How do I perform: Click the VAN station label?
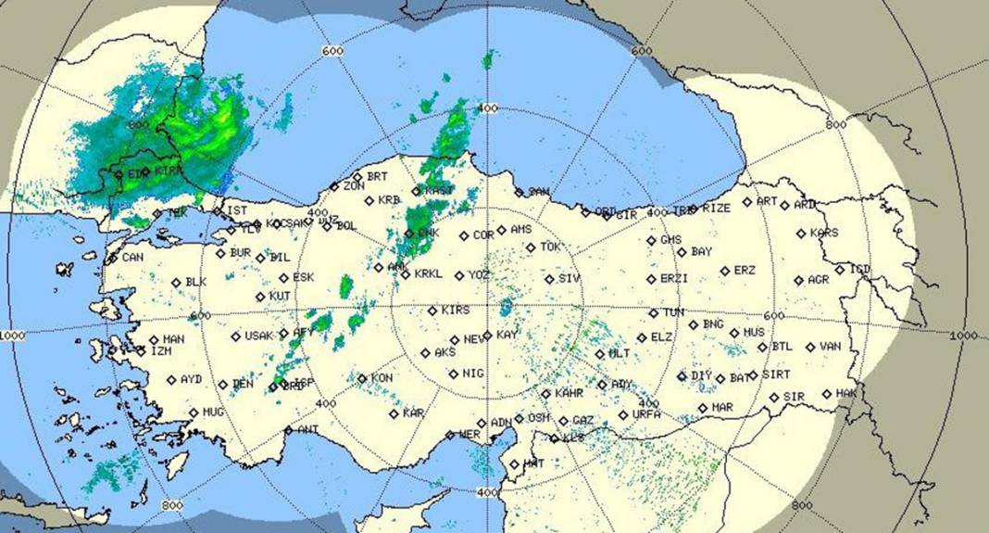pyautogui.click(x=831, y=347)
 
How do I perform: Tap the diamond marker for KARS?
pyautogui.click(x=801, y=234)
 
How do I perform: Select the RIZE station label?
pyautogui.click(x=716, y=209)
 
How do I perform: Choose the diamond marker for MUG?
pyautogui.click(x=194, y=412)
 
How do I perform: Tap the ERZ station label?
pyautogui.click(x=745, y=271)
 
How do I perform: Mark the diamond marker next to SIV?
pyautogui.click(x=549, y=279)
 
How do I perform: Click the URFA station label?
pyautogui.click(x=646, y=414)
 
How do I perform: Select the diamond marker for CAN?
pyautogui.click(x=113, y=259)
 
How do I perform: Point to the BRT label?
pyautogui.click(x=377, y=176)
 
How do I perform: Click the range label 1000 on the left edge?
pyautogui.click(x=13, y=334)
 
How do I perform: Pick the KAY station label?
pyautogui.click(x=507, y=335)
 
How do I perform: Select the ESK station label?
pyautogui.click(x=303, y=277)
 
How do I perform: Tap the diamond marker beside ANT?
pyautogui.click(x=289, y=430)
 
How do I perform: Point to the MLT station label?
pyautogui.click(x=619, y=354)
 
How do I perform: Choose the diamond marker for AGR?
pyautogui.click(x=798, y=280)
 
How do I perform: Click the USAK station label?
pyautogui.click(x=259, y=336)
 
